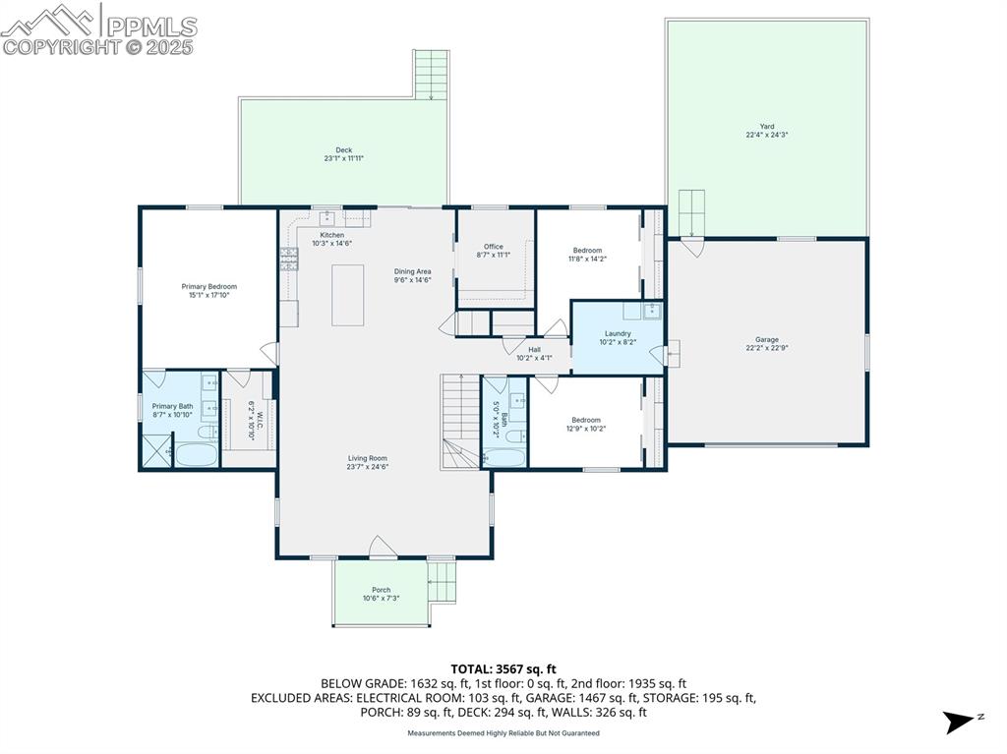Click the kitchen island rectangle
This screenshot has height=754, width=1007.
tap(347, 295)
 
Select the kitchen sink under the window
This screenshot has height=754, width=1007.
tap(327, 219)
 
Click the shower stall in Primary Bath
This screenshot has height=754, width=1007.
tap(157, 452)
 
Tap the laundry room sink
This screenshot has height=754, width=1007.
tap(652, 312)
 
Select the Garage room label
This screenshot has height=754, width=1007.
tap(767, 340)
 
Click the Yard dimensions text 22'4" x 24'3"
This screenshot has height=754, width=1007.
tap(767, 135)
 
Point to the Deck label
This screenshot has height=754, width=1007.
tap(344, 150)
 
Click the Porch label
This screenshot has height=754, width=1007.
tap(381, 590)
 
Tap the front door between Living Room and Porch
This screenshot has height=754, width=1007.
tap(382, 549)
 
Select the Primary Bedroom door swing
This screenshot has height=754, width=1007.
tap(267, 352)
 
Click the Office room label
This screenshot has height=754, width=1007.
tap(494, 247)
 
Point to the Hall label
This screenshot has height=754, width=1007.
tap(534, 349)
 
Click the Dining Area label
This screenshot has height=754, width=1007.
tap(413, 271)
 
